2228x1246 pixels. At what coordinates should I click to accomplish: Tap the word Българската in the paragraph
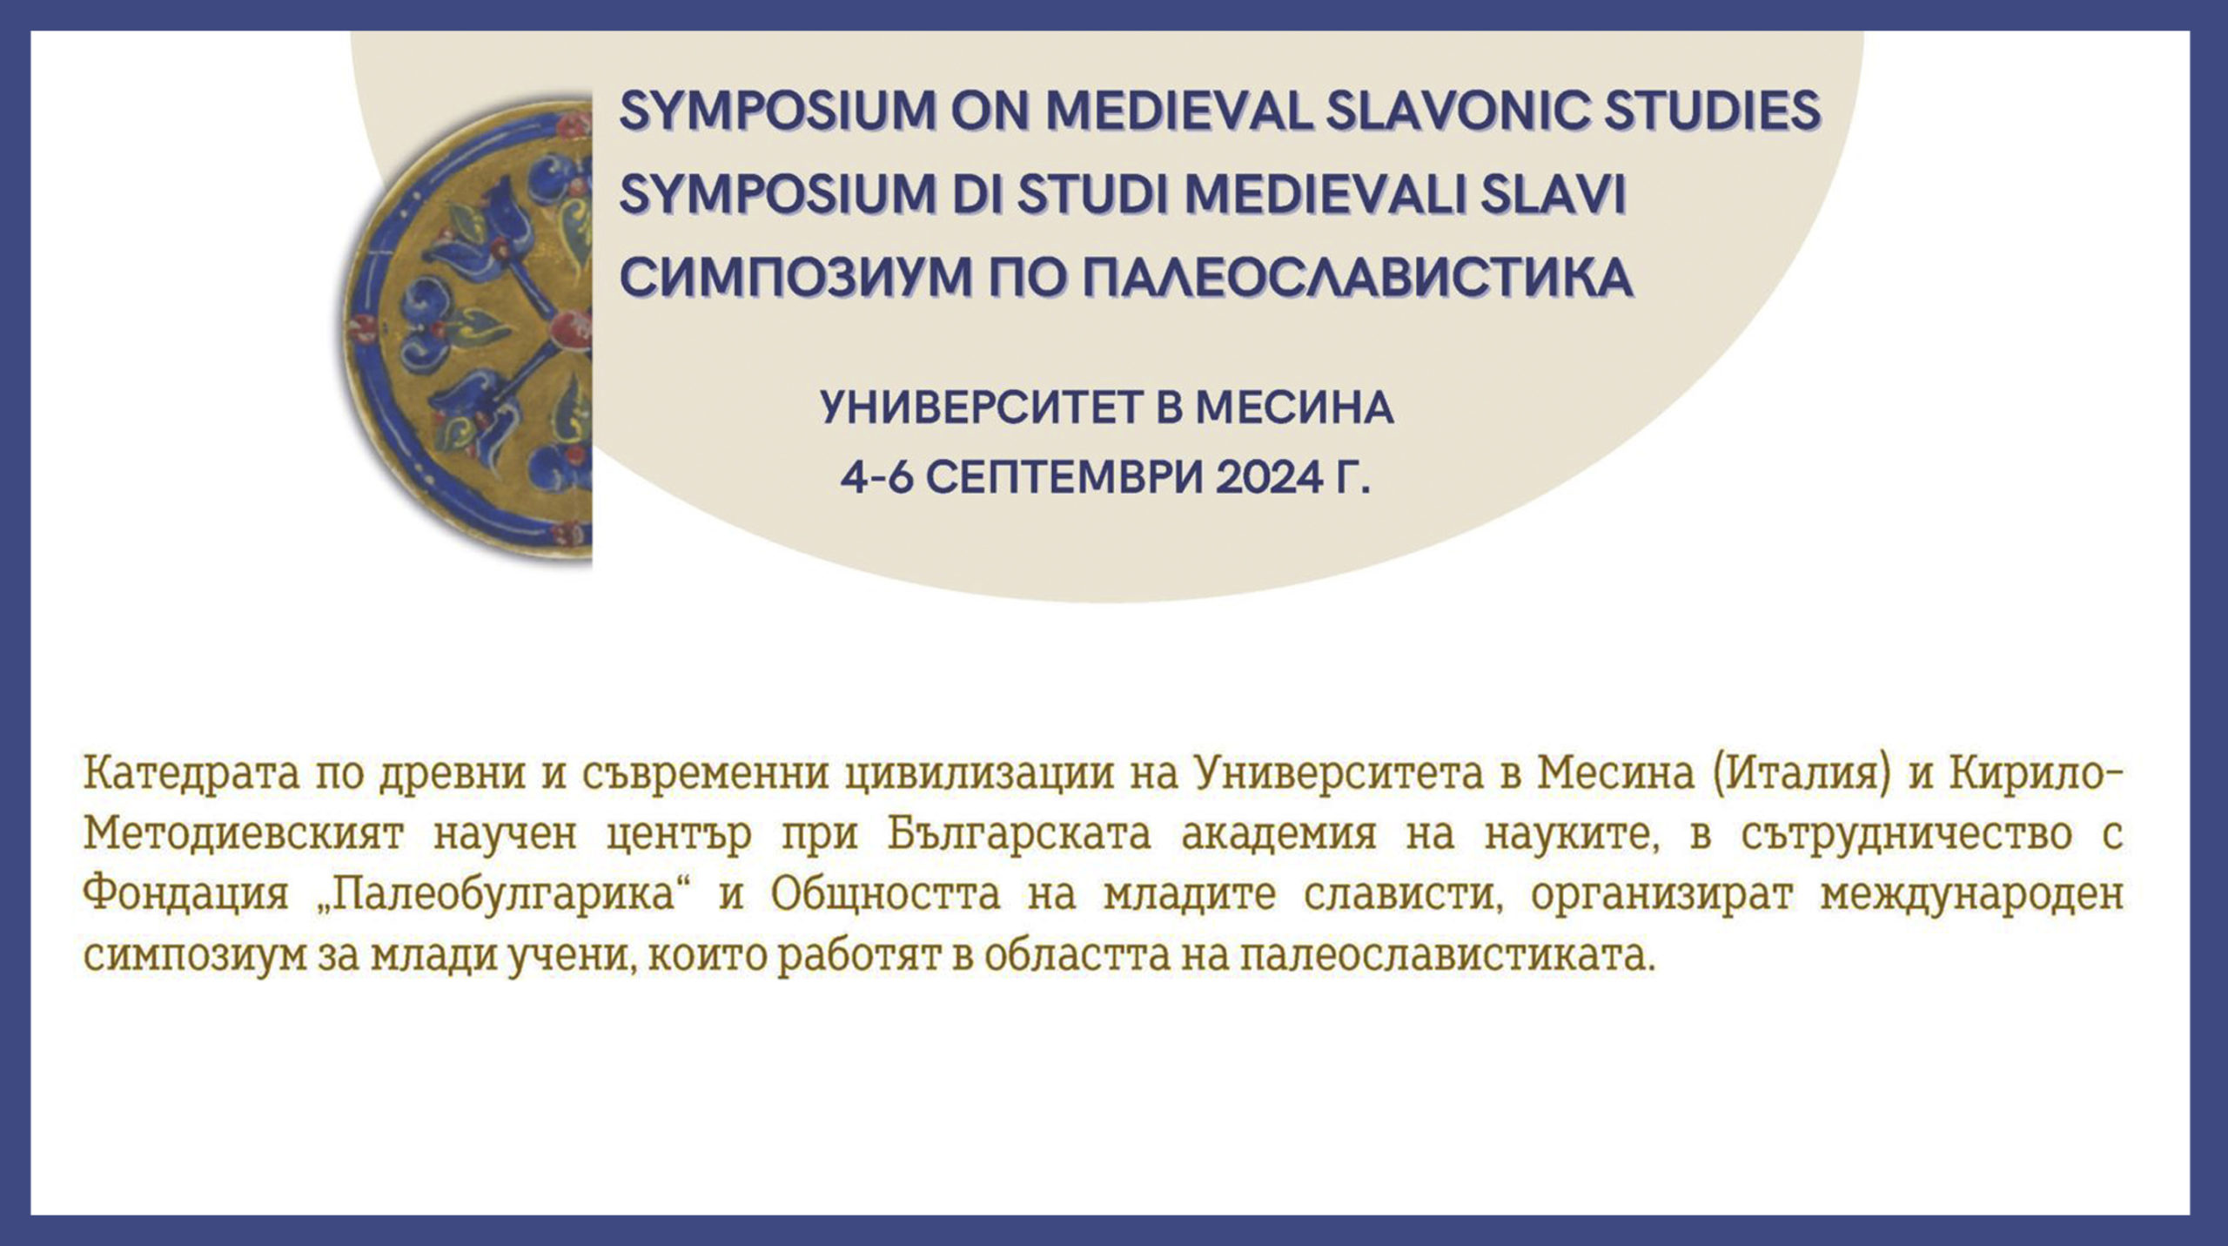pyautogui.click(x=1019, y=834)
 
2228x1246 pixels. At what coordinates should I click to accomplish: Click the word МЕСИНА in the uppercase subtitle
pyautogui.click(x=1294, y=407)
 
